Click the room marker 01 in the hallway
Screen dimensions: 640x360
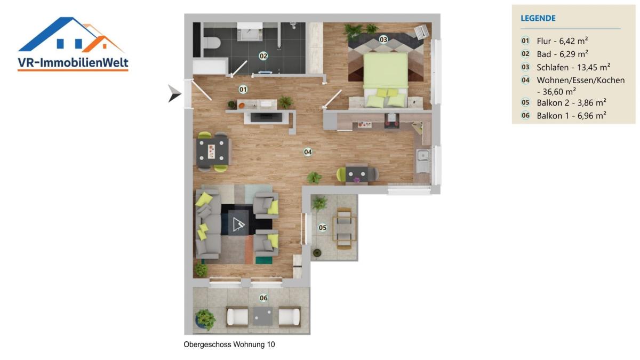[243, 90]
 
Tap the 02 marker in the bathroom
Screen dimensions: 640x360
[263, 56]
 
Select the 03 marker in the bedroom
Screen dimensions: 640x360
[383, 39]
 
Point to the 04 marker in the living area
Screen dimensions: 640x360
[308, 151]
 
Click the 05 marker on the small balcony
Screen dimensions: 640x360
[323, 227]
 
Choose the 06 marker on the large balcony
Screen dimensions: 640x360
[263, 298]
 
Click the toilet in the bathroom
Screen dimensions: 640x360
[212, 43]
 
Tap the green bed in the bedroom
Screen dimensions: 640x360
[386, 80]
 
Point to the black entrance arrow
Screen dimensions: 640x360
[174, 93]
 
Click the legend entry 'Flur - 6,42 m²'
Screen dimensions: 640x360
[562, 41]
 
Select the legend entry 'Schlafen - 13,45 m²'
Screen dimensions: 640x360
[573, 67]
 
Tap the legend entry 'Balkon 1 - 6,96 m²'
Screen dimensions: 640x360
[571, 116]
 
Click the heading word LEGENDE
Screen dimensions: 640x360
[538, 18]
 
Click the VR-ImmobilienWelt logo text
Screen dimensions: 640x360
[73, 62]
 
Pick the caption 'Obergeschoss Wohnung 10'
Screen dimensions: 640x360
[229, 345]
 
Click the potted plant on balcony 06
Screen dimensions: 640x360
[205, 319]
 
